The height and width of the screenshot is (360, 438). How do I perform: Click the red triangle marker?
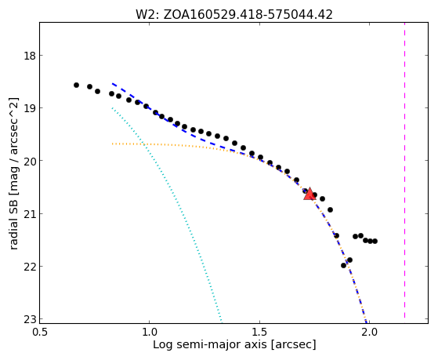[309, 195]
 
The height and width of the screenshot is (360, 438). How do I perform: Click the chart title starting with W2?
[234, 15]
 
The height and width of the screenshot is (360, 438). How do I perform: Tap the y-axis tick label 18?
[29, 56]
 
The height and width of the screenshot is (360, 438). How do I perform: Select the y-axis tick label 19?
[29, 108]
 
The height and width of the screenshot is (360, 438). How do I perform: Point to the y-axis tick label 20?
[29, 161]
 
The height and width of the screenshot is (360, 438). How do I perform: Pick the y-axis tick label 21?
[29, 213]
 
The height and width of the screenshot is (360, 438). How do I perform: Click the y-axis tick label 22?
[29, 266]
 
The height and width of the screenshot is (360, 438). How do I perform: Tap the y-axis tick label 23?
[29, 319]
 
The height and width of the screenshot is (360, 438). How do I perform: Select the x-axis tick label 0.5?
[40, 333]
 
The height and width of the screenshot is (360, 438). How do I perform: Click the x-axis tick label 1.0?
[150, 333]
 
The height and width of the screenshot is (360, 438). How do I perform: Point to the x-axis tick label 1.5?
[259, 333]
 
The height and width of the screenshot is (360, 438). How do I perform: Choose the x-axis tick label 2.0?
[369, 333]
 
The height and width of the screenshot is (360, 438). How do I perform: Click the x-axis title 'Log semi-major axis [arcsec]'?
[234, 344]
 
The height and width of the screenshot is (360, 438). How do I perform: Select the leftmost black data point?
[76, 85]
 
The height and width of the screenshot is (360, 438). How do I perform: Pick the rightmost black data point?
[375, 241]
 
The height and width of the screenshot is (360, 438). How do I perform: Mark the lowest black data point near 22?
[344, 265]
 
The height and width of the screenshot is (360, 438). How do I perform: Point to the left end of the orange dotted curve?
[112, 144]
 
